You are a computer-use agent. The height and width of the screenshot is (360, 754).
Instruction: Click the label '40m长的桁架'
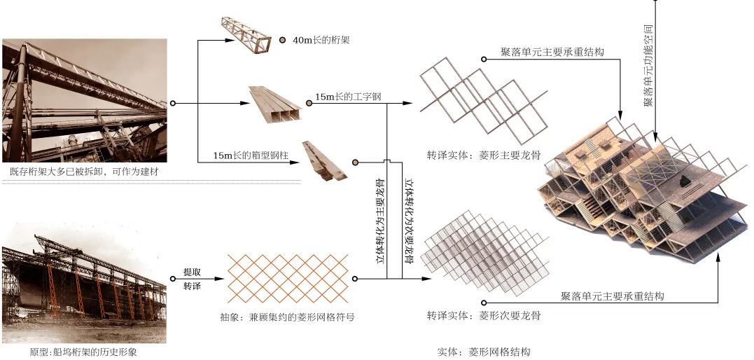point(321,41)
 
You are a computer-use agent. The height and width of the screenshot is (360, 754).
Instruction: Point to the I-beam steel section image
point(276,105)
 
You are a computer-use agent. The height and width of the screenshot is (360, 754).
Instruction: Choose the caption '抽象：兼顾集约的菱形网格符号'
point(287,317)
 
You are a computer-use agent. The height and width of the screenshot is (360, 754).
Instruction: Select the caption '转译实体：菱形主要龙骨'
point(484,156)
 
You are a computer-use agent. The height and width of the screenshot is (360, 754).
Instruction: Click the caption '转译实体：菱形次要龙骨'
point(484,317)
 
